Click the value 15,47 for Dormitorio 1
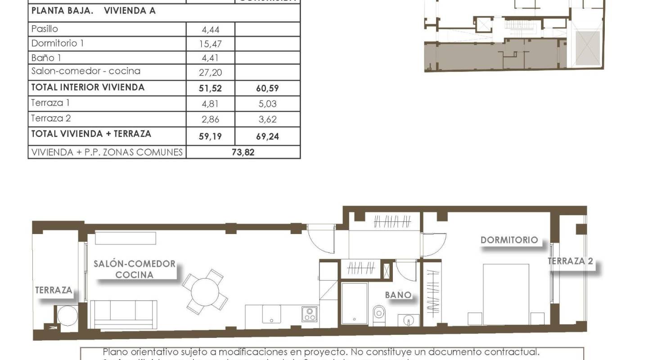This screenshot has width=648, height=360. click(211, 44)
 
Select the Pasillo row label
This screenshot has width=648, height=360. click(45, 29)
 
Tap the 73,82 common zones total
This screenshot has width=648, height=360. click(243, 152)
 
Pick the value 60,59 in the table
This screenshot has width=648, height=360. click(267, 89)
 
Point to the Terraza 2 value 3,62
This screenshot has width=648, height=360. click(267, 119)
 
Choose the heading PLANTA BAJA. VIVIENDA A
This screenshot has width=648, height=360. click(93, 11)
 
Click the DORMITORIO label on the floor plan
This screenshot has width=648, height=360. click(509, 240)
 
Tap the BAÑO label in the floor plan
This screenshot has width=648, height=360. click(398, 295)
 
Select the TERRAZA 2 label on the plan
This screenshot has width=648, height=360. click(570, 261)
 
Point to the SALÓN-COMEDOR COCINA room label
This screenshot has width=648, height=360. click(134, 269)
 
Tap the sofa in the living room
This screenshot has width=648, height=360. click(124, 314)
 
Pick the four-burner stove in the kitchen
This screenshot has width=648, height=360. click(310, 314)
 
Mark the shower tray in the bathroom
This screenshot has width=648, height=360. click(355, 302)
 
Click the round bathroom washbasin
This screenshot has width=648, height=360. click(409, 320)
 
